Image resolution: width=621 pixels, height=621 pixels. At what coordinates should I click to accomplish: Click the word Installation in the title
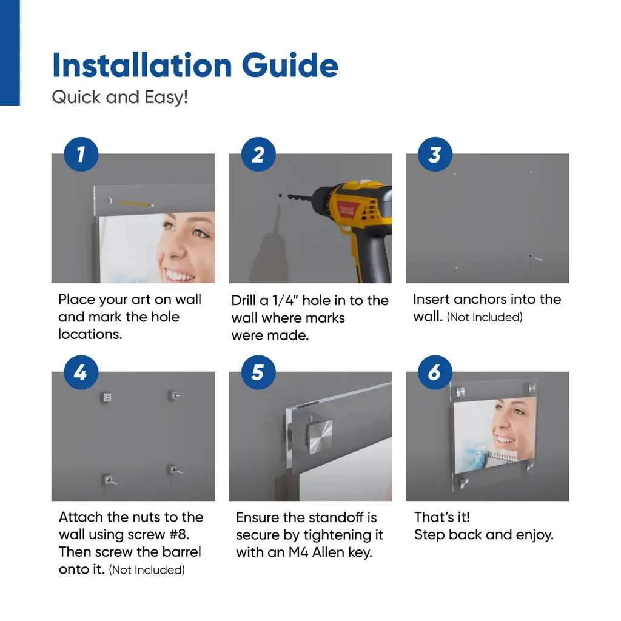142,65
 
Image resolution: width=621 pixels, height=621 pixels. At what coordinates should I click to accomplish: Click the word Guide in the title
290,65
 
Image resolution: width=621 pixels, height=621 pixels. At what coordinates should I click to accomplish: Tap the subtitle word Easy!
166,97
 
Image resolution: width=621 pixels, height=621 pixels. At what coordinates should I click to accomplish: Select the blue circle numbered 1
81,154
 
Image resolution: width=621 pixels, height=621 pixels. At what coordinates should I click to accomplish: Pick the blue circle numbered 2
258,154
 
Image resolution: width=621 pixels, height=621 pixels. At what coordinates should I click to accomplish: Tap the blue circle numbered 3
435,154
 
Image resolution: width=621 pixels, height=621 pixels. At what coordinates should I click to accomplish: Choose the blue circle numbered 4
81,372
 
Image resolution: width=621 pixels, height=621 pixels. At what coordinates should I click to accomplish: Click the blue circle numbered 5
258,372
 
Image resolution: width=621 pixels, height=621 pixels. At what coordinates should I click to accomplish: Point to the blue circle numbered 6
435,372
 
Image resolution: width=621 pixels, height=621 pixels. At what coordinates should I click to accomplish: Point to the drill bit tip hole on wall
280,196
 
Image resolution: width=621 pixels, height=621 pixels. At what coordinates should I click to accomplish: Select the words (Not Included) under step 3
485,317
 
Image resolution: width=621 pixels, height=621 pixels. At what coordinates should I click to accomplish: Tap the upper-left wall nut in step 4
106,397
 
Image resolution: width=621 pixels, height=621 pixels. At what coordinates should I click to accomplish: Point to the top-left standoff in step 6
460,392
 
